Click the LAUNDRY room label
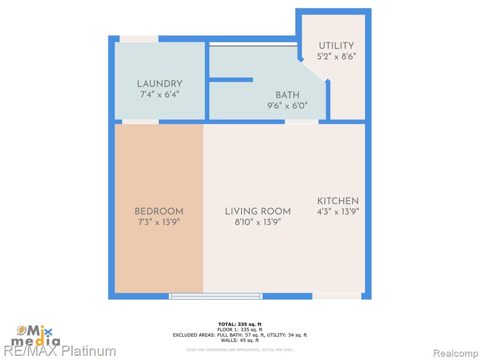click(x=159, y=83)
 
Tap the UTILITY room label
click(x=337, y=45)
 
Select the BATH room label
click(x=287, y=95)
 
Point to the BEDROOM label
click(x=159, y=211)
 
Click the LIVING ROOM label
click(x=258, y=211)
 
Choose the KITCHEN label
click(x=338, y=201)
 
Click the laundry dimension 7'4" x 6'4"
click(x=159, y=94)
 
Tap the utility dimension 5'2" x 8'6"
click(x=337, y=56)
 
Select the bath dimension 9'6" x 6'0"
click(x=287, y=105)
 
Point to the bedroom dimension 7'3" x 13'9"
click(x=159, y=222)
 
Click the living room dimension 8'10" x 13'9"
click(x=258, y=222)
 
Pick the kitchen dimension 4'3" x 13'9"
click(x=338, y=211)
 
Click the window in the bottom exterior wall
click(x=216, y=296)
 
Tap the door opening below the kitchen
click(x=337, y=296)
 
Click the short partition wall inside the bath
click(x=231, y=80)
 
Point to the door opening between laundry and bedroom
click(x=141, y=122)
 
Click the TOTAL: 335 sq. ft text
click(x=240, y=324)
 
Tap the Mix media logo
click(x=36, y=336)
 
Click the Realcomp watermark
click(x=456, y=353)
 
